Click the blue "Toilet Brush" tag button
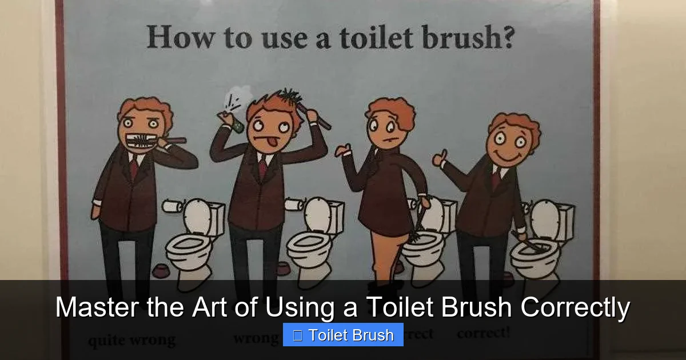[x=343, y=335]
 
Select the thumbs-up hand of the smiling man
[x=440, y=157]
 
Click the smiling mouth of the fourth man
[x=506, y=155]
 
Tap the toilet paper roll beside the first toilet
[x=171, y=206]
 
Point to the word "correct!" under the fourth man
[x=483, y=333]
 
